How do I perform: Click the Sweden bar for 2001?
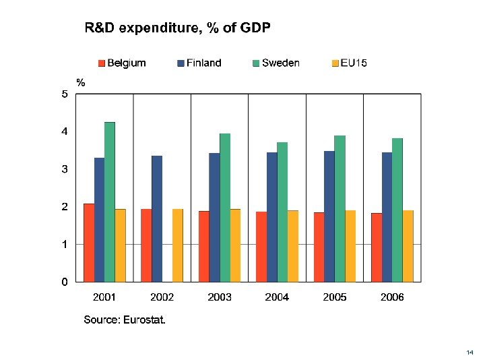(110, 202)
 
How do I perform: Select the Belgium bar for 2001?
(89, 243)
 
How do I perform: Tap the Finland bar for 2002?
(157, 218)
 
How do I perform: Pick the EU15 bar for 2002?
(178, 245)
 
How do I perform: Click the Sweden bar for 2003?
(225, 208)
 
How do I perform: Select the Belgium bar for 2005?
(319, 247)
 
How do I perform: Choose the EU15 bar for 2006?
(408, 246)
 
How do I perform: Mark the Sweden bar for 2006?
(397, 210)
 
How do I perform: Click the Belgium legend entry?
(121, 63)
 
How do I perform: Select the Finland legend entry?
(199, 63)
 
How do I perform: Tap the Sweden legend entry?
(276, 63)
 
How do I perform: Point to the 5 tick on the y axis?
(65, 94)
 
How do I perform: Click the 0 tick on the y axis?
(65, 282)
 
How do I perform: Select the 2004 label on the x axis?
(277, 297)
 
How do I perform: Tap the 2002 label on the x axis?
(162, 297)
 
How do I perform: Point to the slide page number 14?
(470, 353)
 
